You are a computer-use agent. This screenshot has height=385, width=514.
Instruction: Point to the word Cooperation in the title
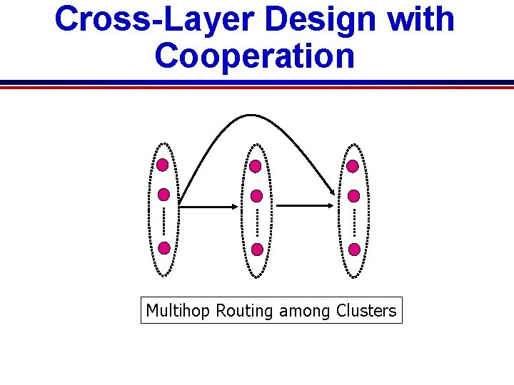[255, 56]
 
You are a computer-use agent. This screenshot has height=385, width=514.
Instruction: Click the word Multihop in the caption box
[178, 311]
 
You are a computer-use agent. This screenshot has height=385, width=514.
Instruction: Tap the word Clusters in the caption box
[367, 311]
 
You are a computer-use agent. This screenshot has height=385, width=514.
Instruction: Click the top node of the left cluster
[163, 165]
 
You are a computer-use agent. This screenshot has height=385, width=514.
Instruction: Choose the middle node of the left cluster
[164, 194]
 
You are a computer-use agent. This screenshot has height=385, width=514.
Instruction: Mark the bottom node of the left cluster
[164, 248]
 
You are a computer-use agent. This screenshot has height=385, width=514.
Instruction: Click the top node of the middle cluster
[256, 165]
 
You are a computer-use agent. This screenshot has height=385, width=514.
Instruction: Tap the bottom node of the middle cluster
[257, 249]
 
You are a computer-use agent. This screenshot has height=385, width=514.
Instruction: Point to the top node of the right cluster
[353, 165]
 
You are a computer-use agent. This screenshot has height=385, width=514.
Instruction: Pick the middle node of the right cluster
[353, 194]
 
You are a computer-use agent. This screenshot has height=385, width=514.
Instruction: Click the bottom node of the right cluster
[354, 249]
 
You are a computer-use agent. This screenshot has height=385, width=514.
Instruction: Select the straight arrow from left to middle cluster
[208, 207]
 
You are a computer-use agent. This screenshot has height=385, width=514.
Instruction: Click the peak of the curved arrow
[247, 115]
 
